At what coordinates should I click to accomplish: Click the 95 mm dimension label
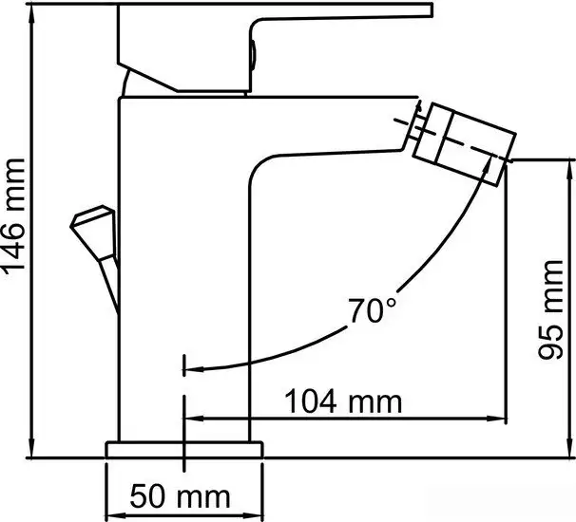click(x=552, y=326)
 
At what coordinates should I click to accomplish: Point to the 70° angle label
click(x=372, y=310)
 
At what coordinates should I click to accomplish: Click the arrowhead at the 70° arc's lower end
click(x=190, y=368)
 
